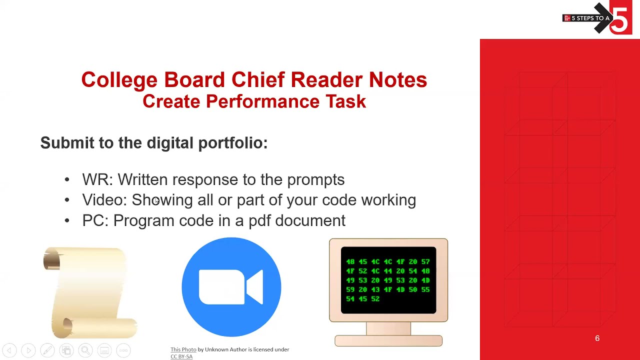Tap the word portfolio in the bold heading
(x=232, y=143)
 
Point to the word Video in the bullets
(x=103, y=200)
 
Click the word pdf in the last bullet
(x=260, y=220)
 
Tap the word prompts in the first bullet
(x=315, y=180)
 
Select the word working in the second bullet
(x=388, y=200)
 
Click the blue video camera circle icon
(x=231, y=287)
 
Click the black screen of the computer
(x=388, y=280)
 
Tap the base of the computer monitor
(x=388, y=340)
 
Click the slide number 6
(x=597, y=338)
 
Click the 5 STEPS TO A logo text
(x=590, y=18)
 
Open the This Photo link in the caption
(x=183, y=349)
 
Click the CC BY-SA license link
(x=181, y=356)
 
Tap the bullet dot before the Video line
(x=67, y=200)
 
